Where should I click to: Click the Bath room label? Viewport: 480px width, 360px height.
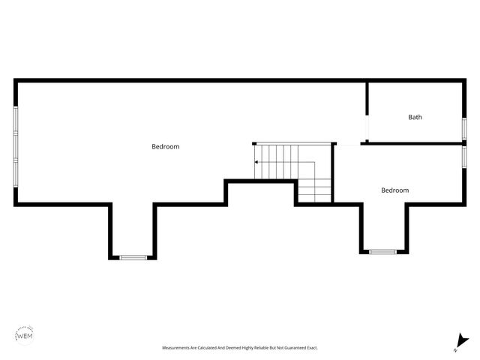(x=415, y=117)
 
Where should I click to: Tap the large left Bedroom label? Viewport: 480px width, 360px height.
(x=166, y=147)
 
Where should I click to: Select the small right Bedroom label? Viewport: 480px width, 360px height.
(x=395, y=190)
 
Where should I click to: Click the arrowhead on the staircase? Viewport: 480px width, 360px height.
(x=256, y=162)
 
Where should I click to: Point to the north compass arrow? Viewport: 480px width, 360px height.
(x=463, y=340)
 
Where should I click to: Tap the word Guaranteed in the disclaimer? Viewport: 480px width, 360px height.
(x=290, y=348)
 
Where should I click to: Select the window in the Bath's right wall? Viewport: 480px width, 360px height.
(x=464, y=127)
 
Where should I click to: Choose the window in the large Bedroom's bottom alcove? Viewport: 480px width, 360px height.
(x=133, y=258)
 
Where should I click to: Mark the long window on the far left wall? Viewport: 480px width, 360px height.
(x=16, y=145)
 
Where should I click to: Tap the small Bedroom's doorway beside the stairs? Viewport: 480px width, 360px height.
(x=347, y=144)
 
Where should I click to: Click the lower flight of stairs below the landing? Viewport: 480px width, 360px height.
(x=315, y=192)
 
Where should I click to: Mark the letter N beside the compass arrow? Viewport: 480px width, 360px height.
(x=455, y=349)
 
